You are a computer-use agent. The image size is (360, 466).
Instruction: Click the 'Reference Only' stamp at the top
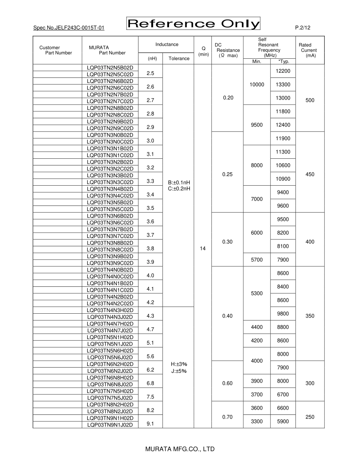point(193,24)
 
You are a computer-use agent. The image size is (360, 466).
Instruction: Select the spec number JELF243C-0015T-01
point(69,28)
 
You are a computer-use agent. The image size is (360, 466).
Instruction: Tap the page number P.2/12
point(302,28)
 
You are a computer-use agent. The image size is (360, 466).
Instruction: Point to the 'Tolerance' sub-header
point(179,58)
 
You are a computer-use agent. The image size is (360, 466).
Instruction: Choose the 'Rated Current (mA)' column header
point(308,50)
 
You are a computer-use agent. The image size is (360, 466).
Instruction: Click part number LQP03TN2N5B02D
point(110,68)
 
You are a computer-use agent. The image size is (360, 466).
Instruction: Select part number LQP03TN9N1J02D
point(110,425)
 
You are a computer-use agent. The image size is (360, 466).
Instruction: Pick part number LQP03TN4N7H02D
point(110,324)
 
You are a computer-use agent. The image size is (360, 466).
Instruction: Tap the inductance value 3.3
point(150,181)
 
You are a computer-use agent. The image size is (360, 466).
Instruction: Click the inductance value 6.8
point(150,383)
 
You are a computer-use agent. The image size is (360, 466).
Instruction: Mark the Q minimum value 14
point(203,249)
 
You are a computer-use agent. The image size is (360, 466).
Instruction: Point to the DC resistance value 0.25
point(227,174)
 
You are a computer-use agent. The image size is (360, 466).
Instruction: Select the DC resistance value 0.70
point(227,417)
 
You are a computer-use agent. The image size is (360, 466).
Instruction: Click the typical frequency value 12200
point(283,71)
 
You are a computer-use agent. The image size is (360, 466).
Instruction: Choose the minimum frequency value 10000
point(257,84)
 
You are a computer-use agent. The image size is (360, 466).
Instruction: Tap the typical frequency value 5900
point(283,421)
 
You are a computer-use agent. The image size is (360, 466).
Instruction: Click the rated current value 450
point(310,174)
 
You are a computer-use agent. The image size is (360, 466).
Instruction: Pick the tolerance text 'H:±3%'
point(179,364)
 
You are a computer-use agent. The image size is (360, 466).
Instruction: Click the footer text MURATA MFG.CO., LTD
point(180,449)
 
